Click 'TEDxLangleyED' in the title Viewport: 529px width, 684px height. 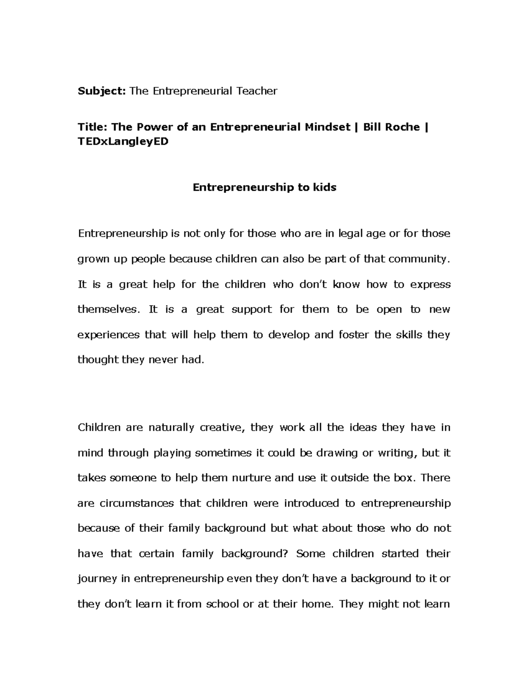pos(123,142)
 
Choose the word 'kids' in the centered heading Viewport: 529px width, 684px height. pos(324,187)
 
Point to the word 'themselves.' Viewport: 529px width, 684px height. pos(108,309)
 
